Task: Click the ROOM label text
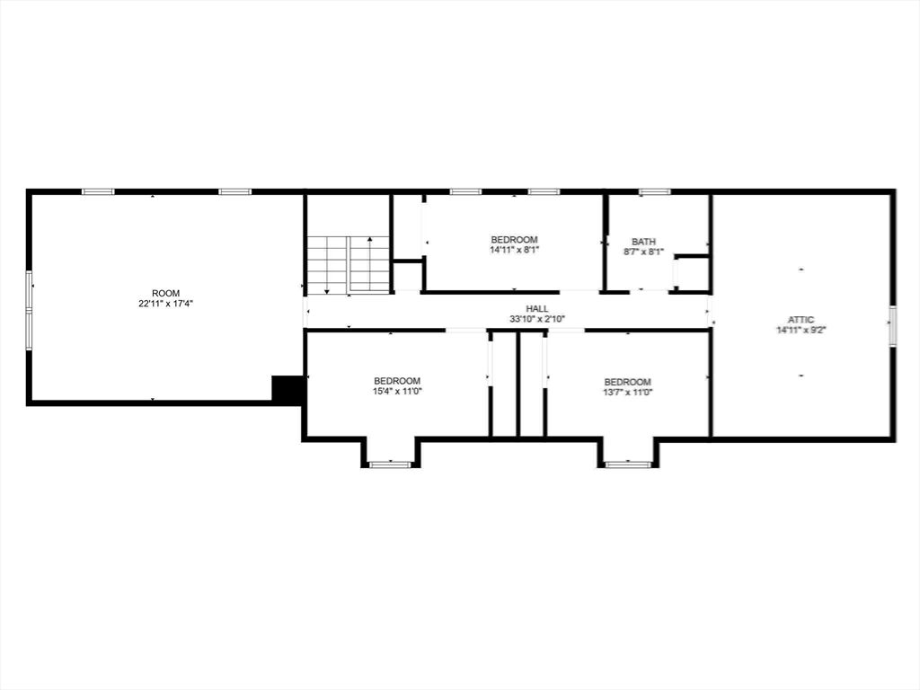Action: point(165,294)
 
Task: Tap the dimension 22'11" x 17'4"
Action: point(165,304)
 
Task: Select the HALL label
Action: point(537,309)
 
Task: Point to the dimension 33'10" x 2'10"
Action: point(537,319)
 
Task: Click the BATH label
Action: point(643,242)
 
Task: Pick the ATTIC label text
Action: point(801,320)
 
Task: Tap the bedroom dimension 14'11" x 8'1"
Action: point(514,250)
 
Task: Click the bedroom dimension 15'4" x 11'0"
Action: point(397,392)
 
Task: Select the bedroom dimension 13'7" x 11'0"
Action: point(627,393)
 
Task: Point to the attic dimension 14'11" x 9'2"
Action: point(801,330)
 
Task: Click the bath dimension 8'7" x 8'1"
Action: point(643,252)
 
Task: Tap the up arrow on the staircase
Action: point(369,265)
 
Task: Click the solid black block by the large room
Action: point(287,388)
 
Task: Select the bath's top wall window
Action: point(654,192)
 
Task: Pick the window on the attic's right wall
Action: point(892,325)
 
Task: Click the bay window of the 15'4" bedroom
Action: point(390,464)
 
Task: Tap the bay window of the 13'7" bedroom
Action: point(628,464)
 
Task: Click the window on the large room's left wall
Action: point(29,310)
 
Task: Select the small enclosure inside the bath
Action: point(693,273)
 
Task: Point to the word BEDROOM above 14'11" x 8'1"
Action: point(514,240)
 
